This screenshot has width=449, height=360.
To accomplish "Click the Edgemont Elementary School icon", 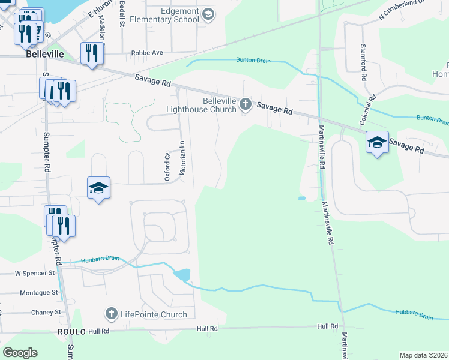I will point(208,15).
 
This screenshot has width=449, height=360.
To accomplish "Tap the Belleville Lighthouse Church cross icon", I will point(245,105).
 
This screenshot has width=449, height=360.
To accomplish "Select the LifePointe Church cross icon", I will point(111,313).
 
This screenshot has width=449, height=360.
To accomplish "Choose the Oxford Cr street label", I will point(168,166).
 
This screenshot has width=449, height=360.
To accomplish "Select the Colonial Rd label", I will point(367,109).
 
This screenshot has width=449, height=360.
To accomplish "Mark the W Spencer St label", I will point(34,273).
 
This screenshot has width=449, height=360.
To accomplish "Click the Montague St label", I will point(38,292).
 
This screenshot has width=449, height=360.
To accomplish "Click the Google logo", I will point(20,353).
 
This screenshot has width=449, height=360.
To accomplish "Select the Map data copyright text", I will point(423,355).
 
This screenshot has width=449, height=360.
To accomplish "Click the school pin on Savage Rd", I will point(377,142).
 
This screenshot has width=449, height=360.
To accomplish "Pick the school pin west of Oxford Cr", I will point(98,188).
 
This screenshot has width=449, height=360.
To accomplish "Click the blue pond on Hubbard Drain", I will point(182,275).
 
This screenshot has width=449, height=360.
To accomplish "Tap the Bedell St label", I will point(122,13).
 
